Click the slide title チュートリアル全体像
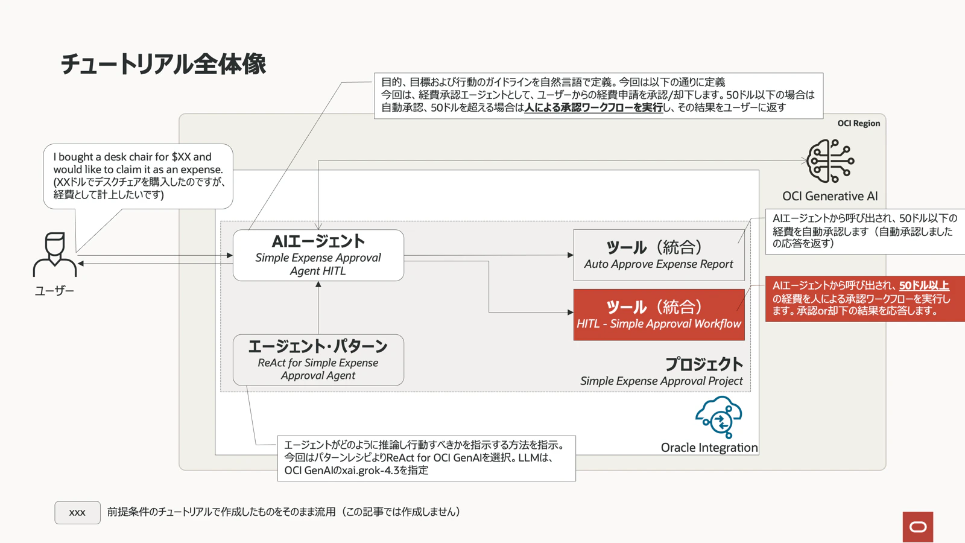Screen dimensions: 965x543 163,65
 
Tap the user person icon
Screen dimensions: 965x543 55,255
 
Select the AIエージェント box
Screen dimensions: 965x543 318,255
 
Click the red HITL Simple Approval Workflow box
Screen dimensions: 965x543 659,314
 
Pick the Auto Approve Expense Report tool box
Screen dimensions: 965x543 659,255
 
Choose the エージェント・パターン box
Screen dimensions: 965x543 318,360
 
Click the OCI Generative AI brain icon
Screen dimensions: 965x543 831,160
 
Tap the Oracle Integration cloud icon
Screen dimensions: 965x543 718,417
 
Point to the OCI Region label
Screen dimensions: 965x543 859,123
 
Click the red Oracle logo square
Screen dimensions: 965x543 918,527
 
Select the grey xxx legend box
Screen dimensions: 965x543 78,512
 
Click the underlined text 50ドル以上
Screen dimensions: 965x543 924,285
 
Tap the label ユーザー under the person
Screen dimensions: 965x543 54,291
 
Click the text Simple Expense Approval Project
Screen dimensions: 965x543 661,381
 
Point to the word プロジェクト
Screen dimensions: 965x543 704,364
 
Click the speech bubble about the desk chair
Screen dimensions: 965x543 138,176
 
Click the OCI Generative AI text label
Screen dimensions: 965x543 830,196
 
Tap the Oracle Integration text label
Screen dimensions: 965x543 709,448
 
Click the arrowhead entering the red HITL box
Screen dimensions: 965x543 571,312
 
